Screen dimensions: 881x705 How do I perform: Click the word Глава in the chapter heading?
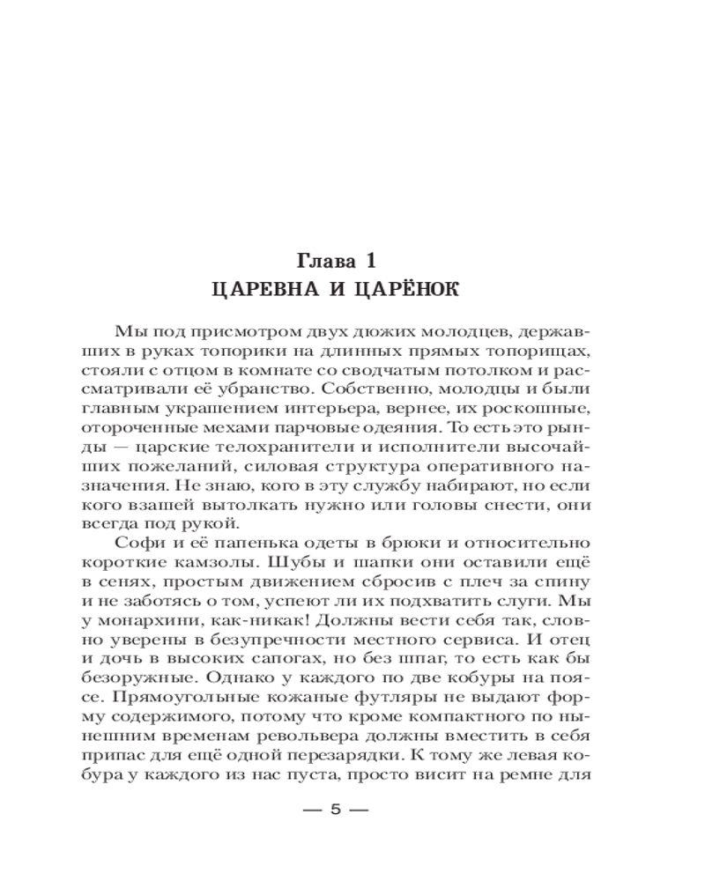click(x=323, y=261)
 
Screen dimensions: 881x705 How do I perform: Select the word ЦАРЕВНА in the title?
click(x=258, y=289)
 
